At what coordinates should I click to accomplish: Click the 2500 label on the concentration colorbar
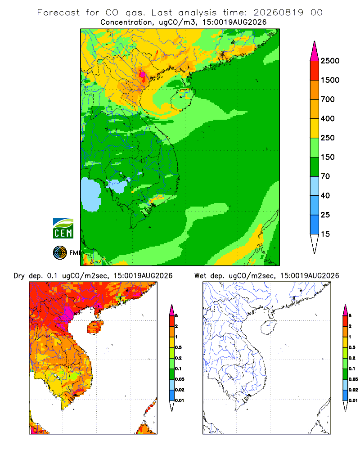330,61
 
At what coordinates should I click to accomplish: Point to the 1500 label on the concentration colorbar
330,80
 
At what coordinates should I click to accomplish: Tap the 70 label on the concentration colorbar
325,176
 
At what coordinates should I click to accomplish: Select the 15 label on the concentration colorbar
325,234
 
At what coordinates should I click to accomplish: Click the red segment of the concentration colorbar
315,71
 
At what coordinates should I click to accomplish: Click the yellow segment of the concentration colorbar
315,128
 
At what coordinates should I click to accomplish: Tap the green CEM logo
63,228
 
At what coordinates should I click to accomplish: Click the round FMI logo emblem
60,252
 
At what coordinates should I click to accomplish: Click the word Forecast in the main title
58,13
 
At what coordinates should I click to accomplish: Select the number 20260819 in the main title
278,13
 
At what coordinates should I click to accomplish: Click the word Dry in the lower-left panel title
19,276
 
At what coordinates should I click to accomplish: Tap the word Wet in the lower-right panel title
200,276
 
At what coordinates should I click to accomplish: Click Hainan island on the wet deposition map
269,327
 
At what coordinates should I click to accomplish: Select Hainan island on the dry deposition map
95,327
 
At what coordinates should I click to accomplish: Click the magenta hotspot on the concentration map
142,75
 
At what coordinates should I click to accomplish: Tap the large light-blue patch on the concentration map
91,194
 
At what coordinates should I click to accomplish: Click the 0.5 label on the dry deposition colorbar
178,347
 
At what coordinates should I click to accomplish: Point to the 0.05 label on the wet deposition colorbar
353,379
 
